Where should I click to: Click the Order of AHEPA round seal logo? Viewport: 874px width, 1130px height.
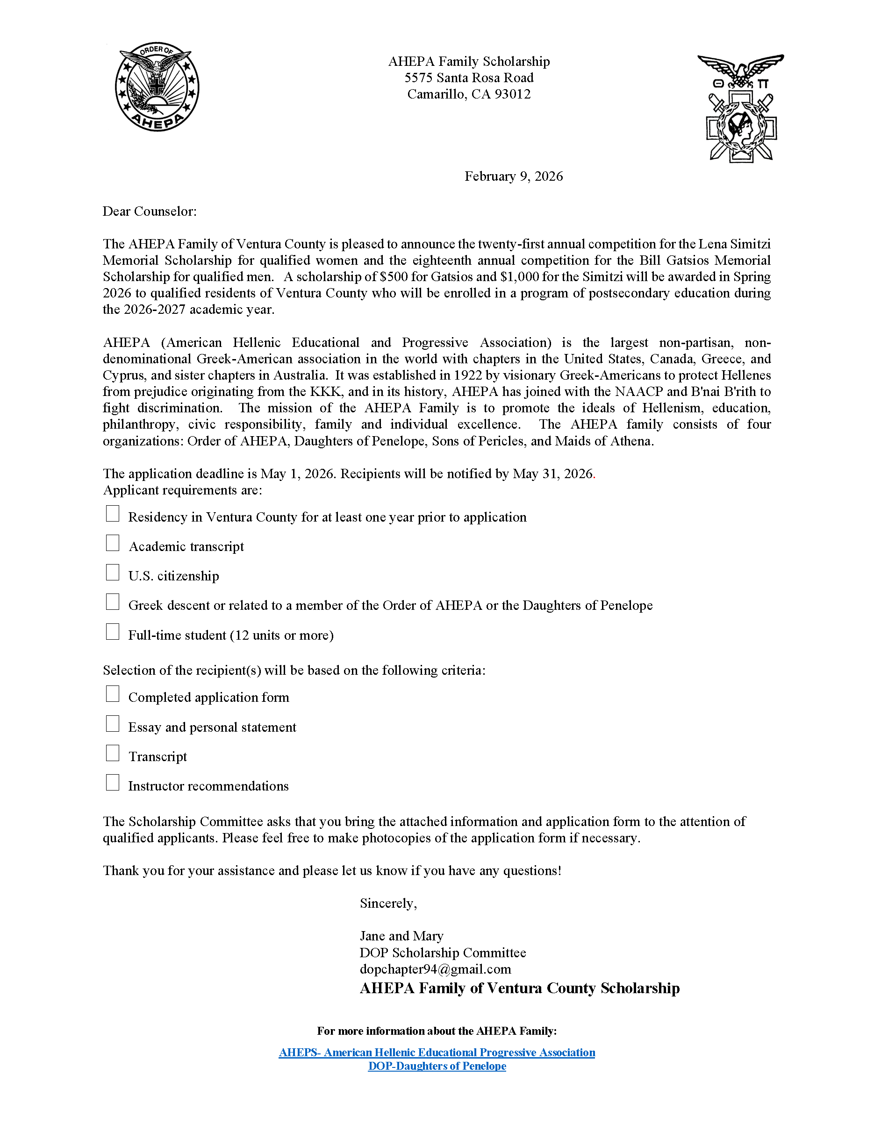pos(157,87)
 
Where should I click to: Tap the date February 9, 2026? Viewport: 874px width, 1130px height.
pos(513,177)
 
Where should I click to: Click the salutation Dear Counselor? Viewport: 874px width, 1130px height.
pos(150,211)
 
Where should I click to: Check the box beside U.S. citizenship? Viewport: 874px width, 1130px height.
pos(112,573)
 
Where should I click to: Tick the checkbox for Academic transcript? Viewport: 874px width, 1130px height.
pos(112,543)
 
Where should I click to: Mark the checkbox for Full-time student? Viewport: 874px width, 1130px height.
pos(112,632)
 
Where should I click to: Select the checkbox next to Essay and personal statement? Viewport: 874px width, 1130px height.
pos(112,724)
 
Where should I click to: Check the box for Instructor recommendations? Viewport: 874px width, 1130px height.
pos(112,783)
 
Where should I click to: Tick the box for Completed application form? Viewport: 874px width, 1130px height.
pos(112,694)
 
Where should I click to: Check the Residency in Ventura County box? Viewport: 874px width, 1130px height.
pos(112,514)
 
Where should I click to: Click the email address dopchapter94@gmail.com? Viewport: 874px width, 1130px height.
pos(436,969)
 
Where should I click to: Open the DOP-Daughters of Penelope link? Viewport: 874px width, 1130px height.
pos(437,1066)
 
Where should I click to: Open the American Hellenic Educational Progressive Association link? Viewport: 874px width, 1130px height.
pos(437,1052)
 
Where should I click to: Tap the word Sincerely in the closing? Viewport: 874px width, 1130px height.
pos(388,904)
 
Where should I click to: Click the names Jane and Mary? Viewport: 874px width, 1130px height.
pos(402,936)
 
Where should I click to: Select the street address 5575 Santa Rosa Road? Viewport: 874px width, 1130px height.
pos(469,78)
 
